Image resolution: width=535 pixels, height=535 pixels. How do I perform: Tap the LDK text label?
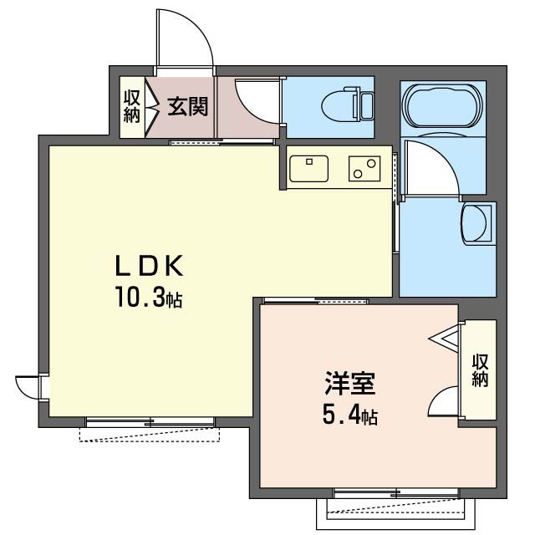148,266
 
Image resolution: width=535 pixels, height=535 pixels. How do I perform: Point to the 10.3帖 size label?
148,297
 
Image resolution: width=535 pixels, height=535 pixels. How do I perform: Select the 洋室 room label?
349,384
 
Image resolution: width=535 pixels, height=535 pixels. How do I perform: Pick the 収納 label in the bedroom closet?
480,370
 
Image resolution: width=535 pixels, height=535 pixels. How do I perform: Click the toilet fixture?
354,105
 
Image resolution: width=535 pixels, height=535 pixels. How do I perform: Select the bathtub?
442,106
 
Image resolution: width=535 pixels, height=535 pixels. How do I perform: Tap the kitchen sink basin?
310,166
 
